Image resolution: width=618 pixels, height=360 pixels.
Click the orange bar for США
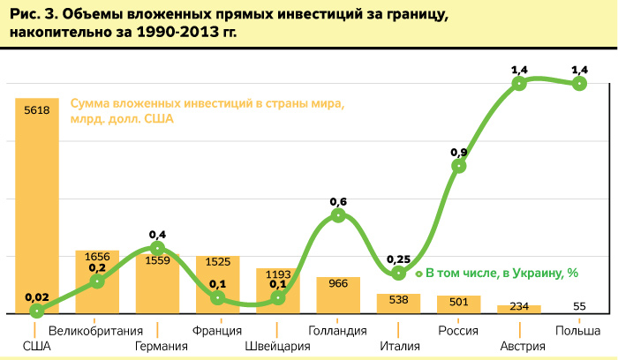pyautogui.click(x=37, y=203)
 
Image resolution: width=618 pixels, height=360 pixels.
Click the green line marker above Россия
pyautogui.click(x=458, y=166)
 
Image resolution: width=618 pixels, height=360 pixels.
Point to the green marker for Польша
pyautogui.click(x=579, y=84)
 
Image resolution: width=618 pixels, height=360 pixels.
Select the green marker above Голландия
pyautogui.click(x=338, y=215)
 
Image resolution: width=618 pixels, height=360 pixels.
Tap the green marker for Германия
pyautogui.click(x=157, y=249)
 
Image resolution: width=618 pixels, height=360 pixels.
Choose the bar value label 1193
pyautogui.click(x=278, y=274)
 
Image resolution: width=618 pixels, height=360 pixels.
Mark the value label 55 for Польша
pyautogui.click(x=579, y=306)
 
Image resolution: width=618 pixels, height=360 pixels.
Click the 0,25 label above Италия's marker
pyautogui.click(x=398, y=259)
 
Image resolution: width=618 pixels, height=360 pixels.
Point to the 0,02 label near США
pyautogui.click(x=37, y=296)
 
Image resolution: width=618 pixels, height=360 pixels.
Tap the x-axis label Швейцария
pyautogui.click(x=277, y=346)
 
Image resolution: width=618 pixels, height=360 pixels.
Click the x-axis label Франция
pyautogui.click(x=217, y=331)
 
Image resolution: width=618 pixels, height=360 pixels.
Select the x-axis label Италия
pyautogui.click(x=398, y=346)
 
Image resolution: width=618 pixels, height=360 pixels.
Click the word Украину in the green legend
pyautogui.click(x=527, y=274)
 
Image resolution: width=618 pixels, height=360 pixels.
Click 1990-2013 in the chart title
pyautogui.click(x=175, y=34)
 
